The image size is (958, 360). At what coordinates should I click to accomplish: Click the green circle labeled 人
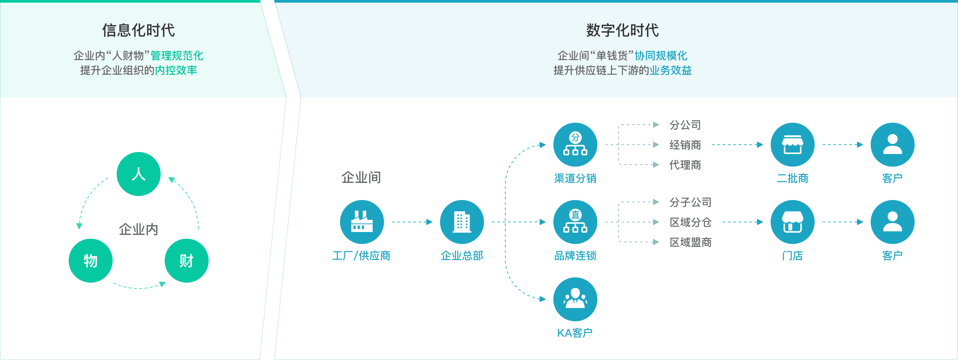point(138,174)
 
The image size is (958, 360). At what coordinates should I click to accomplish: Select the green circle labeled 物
point(90,260)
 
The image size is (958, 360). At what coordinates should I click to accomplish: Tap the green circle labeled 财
point(186,260)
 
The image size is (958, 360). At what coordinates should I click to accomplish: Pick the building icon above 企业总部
point(462,222)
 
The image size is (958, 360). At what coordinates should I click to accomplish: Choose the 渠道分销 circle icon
point(575,144)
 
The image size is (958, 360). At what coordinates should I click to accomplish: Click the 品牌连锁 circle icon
point(575,222)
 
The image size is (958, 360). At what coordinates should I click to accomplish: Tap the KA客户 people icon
point(575,299)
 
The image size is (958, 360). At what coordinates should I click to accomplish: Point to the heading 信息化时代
point(138,30)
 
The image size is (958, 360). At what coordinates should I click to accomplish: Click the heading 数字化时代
point(622,30)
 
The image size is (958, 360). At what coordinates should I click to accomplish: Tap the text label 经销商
point(685,145)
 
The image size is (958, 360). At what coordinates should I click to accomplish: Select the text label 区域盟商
point(690,242)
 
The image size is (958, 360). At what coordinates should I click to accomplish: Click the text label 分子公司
point(690,202)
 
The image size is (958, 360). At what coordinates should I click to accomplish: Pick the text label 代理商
point(685,165)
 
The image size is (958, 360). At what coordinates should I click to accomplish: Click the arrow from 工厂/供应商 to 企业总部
point(412,222)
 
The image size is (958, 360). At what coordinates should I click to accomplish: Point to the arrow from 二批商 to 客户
point(842,145)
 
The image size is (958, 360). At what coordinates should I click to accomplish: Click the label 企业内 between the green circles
point(138,229)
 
